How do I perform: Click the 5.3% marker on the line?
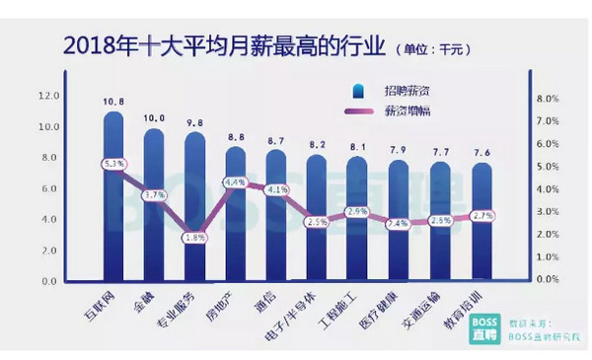tap(113, 164)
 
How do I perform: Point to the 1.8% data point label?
tap(194, 238)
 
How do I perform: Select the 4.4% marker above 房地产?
tap(235, 182)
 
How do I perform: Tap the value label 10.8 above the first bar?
tap(113, 101)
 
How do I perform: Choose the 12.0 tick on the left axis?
tap(47, 96)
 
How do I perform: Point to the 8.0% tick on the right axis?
tap(548, 99)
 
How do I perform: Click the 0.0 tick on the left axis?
tap(49, 281)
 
